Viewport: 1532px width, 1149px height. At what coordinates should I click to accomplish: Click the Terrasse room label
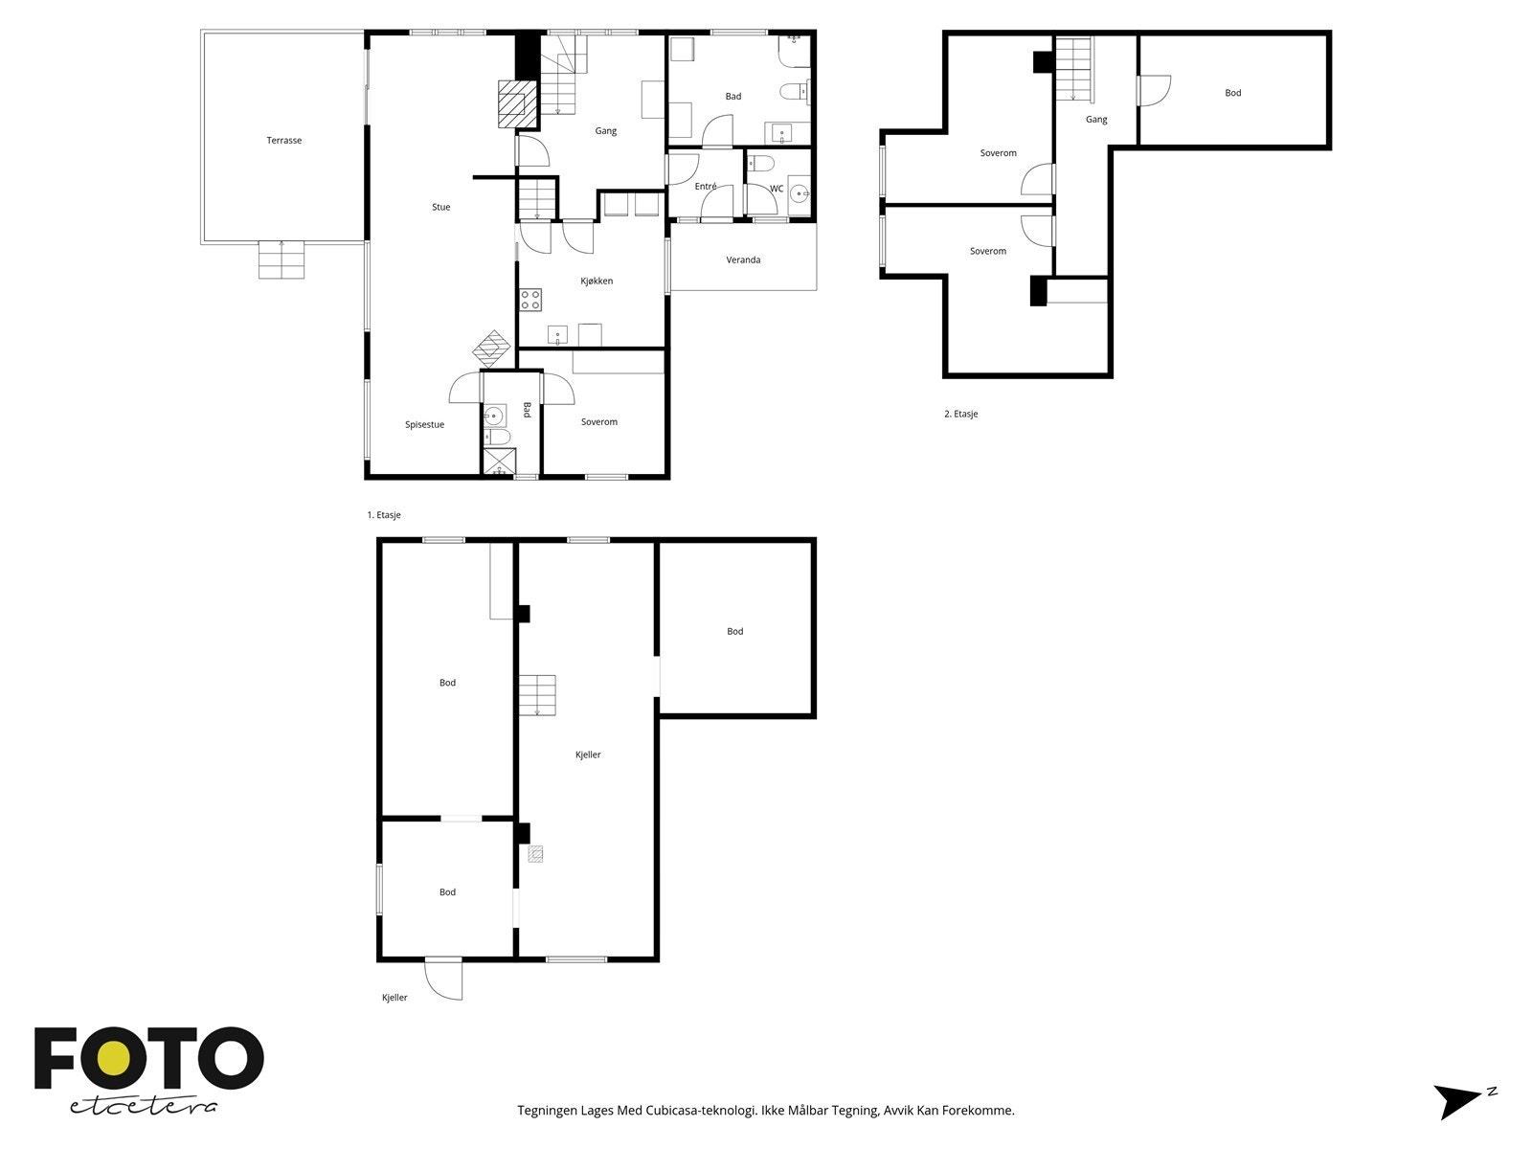(x=284, y=140)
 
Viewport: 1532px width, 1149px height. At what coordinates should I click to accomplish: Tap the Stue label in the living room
(x=441, y=207)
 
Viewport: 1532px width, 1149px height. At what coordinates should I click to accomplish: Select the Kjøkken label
(x=597, y=281)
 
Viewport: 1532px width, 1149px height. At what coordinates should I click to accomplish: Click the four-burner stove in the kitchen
(x=530, y=300)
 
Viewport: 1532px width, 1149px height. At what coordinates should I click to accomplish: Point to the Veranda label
(x=743, y=259)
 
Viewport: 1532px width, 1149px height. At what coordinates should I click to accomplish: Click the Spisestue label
(x=424, y=424)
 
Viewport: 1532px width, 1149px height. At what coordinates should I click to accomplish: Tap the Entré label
(x=706, y=187)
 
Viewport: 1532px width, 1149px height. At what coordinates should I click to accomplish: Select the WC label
(x=777, y=189)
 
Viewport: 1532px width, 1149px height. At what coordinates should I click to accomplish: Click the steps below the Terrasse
(x=282, y=259)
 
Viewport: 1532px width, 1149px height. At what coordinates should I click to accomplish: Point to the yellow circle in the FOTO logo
(x=113, y=1059)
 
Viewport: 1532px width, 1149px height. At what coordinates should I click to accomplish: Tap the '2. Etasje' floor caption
(x=961, y=414)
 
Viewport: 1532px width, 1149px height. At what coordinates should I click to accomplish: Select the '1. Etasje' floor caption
(x=384, y=515)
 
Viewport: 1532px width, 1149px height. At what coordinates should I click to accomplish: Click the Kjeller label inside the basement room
(x=588, y=755)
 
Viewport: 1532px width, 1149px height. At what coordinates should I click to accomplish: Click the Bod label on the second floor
(x=1232, y=93)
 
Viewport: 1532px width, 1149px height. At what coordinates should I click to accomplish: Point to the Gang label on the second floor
(x=1096, y=120)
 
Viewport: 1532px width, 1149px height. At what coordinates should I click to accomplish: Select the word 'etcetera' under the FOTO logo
(x=143, y=1107)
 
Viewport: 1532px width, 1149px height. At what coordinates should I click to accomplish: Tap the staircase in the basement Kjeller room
(x=537, y=695)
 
